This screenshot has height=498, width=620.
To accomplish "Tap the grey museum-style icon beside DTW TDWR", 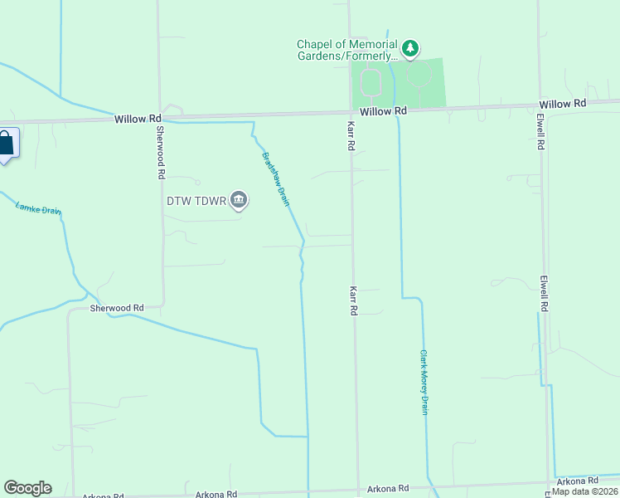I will pos(239,201).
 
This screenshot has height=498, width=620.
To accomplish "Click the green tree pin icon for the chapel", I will pos(410,50).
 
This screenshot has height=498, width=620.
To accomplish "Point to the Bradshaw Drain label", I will pos(276,178).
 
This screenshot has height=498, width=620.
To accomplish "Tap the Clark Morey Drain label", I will pos(423,382).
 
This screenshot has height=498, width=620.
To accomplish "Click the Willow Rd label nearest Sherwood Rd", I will pos(138,120).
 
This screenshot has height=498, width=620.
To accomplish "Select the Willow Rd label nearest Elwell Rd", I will pos(562,104).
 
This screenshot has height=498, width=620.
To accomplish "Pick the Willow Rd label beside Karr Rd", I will pos(383,110).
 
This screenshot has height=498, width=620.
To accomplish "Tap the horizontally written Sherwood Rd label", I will pos(117,308).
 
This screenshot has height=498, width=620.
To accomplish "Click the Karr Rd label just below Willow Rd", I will pos(351,134).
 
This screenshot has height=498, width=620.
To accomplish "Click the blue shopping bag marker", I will pos(6,144).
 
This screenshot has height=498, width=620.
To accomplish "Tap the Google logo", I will pos(27,488).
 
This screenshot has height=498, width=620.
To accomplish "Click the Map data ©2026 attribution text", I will pos(584,491).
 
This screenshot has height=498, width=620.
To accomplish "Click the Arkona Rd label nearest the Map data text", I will pos(577,481).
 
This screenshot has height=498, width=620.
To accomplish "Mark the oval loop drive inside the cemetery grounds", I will pos(371,83).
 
